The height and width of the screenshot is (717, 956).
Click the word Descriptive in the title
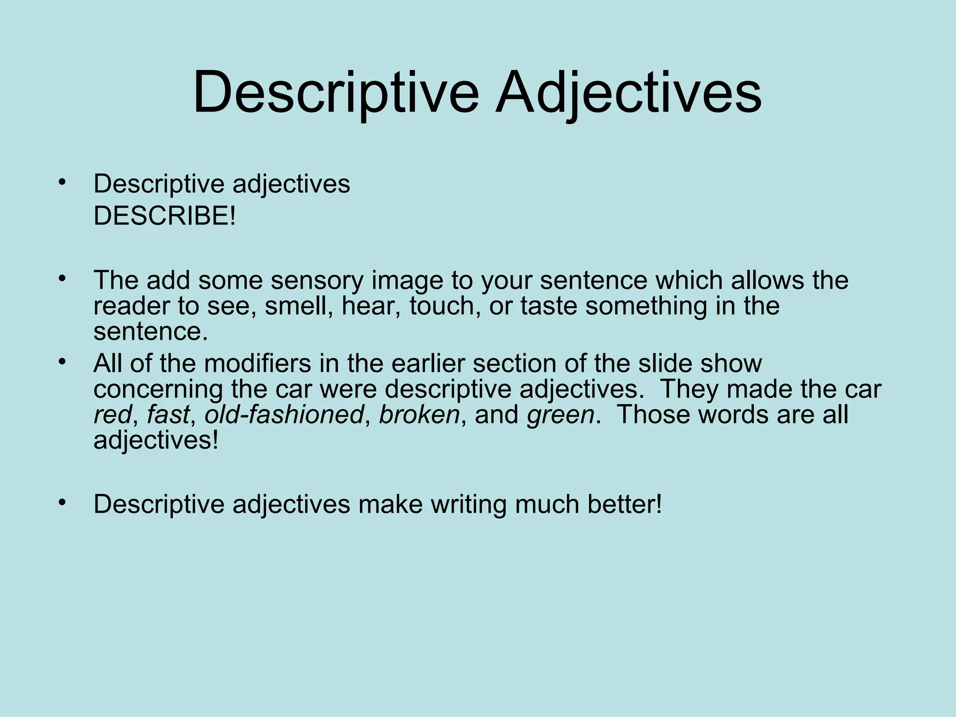[x=336, y=91]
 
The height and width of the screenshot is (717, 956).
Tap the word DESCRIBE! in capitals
[x=165, y=216]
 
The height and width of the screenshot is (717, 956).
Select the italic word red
[x=112, y=415]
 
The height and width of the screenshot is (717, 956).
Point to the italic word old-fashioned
[x=284, y=415]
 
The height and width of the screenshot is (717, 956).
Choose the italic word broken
[x=419, y=415]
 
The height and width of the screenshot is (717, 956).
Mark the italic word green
[x=561, y=415]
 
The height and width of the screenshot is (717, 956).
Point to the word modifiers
[x=258, y=363]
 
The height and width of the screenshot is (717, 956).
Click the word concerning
[x=158, y=389]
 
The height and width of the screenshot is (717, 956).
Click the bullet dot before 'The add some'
[x=62, y=279]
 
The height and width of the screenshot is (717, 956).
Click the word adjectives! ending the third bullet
[x=156, y=440]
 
